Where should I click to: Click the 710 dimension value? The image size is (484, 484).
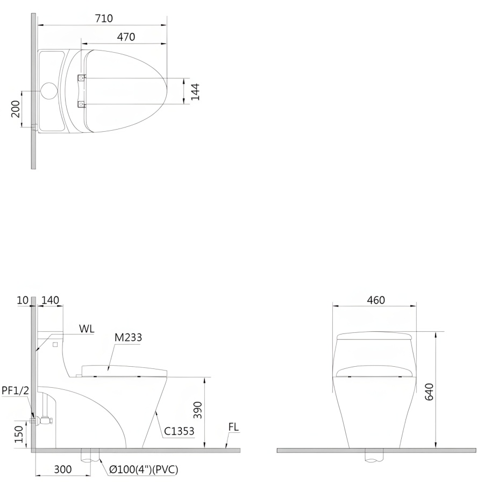tap(104, 18)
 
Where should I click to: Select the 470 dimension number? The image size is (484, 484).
tap(126, 37)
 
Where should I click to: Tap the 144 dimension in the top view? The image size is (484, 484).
tap(195, 91)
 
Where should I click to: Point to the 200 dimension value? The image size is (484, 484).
tap(16, 109)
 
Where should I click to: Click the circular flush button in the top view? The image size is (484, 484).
tap(49, 91)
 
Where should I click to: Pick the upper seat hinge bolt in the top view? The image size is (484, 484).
tap(81, 78)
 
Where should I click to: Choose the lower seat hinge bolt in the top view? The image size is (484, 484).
tap(81, 105)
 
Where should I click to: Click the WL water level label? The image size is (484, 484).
tap(87, 329)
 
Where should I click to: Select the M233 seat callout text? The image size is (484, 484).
tap(128, 338)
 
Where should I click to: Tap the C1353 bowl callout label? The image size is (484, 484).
tap(179, 431)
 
